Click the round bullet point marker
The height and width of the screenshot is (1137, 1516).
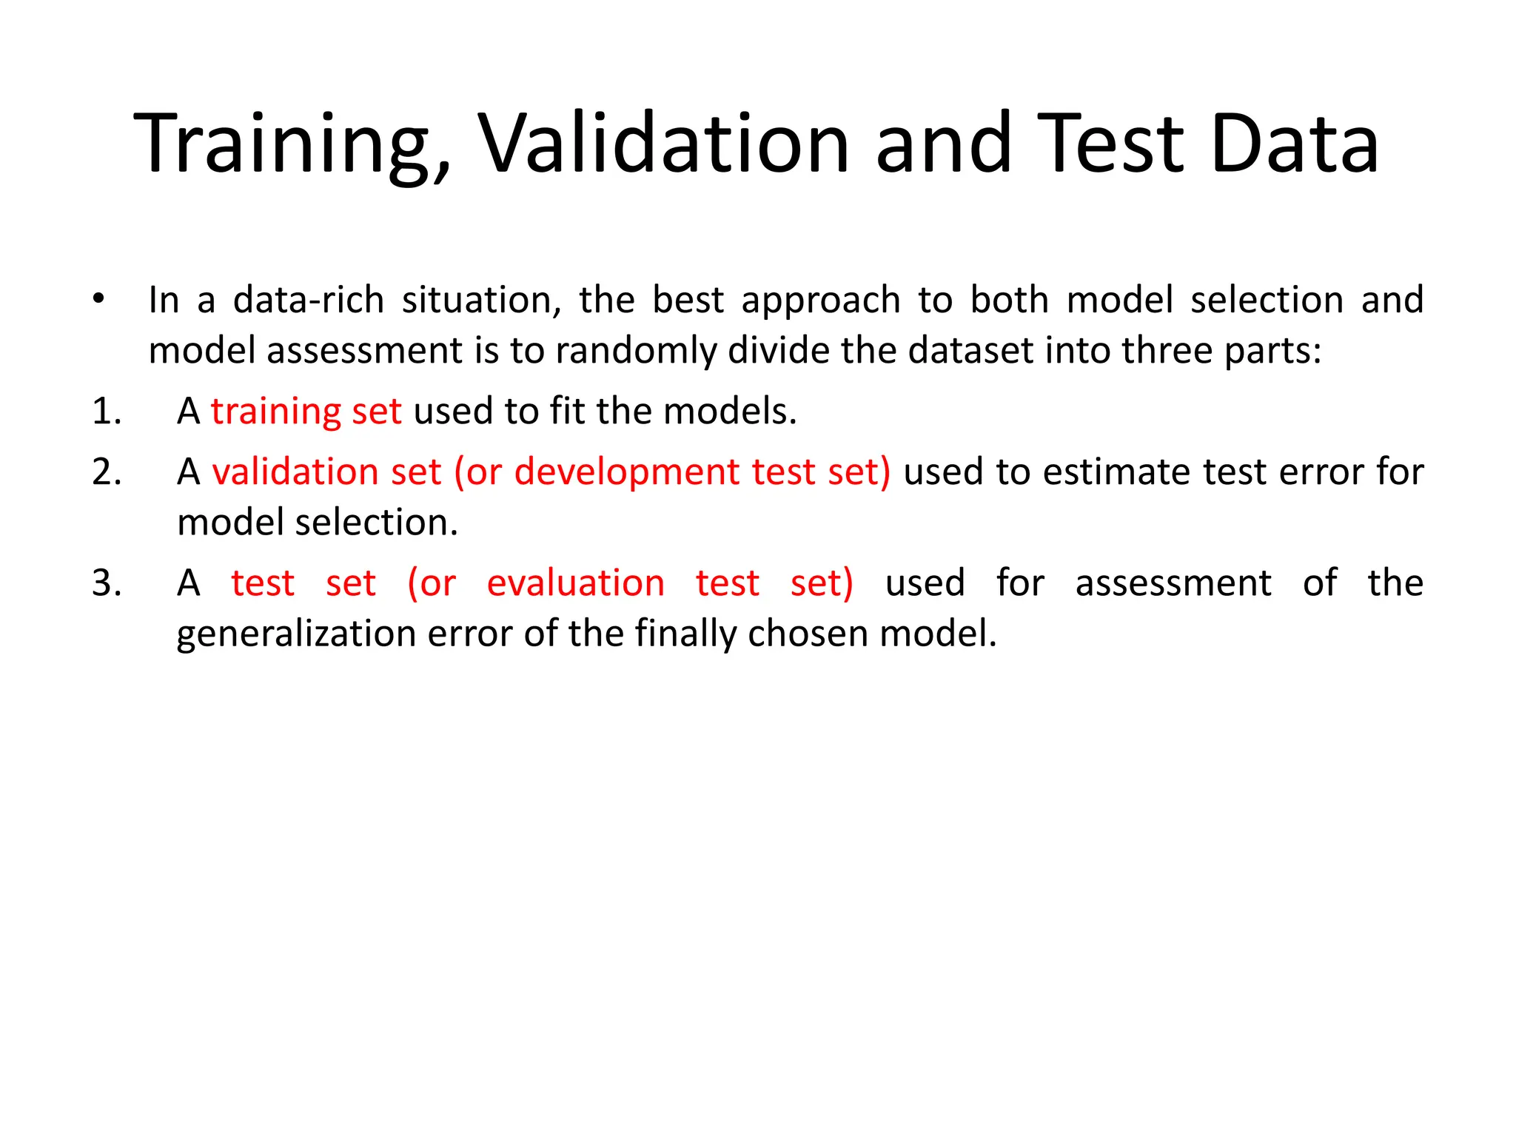98,299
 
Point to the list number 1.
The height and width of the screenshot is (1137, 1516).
107,411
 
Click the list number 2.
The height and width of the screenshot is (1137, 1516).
107,472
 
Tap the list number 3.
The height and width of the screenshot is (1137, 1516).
107,583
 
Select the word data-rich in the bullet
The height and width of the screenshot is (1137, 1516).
308,300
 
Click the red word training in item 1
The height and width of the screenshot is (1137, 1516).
275,412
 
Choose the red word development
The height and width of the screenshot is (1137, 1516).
626,473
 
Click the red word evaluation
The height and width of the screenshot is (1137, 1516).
575,583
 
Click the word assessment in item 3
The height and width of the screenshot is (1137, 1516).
1173,583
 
